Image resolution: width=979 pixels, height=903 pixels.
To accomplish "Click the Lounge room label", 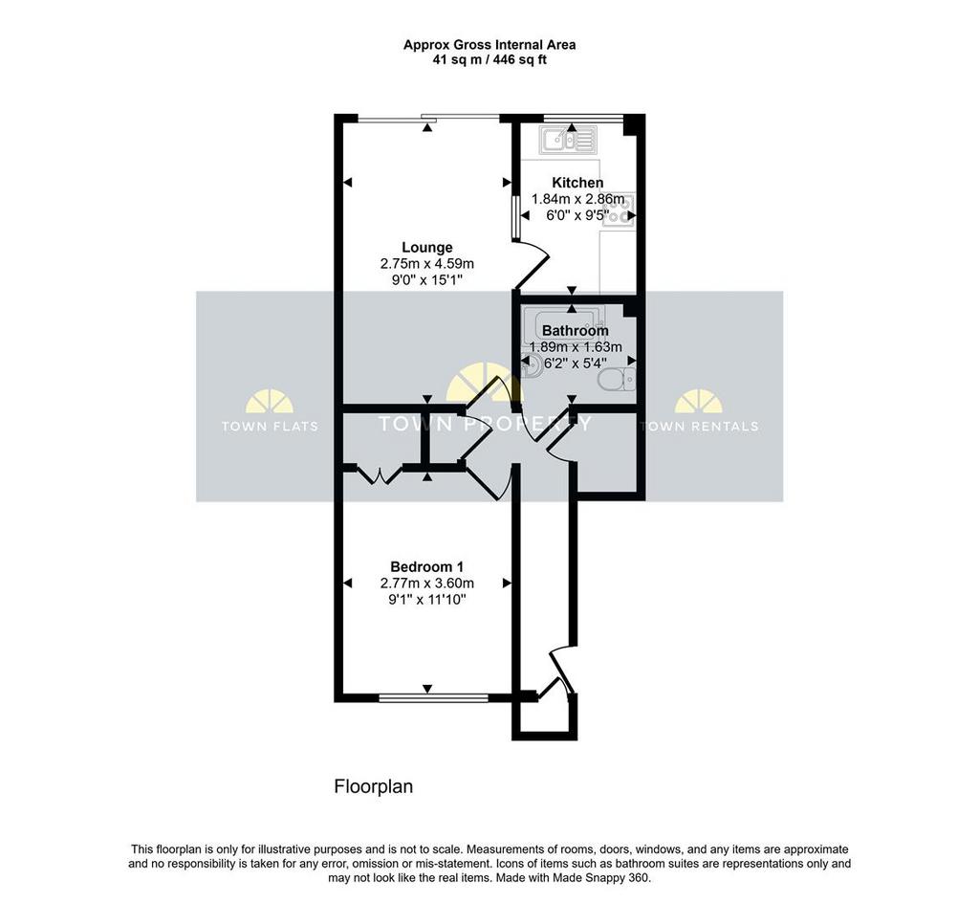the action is [427, 248].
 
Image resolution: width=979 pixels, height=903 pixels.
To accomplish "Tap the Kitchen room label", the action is [577, 183].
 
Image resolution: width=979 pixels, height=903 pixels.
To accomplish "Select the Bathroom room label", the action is [575, 330].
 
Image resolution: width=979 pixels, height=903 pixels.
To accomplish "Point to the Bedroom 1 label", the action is [427, 567].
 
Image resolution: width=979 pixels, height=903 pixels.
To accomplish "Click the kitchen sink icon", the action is [568, 140].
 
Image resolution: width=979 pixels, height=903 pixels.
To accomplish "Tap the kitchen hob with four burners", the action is [619, 209].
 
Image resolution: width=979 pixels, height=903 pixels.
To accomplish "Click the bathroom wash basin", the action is [530, 366].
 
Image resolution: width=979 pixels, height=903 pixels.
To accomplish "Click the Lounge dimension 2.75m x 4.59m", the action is [427, 264].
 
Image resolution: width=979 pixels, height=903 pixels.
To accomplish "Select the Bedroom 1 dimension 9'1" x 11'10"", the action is [427, 600].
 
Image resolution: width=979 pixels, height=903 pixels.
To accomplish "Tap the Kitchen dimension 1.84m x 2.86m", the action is [577, 199].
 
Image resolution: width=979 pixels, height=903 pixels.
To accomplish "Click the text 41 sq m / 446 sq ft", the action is [489, 60].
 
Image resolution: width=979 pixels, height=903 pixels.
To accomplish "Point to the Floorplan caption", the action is [374, 786].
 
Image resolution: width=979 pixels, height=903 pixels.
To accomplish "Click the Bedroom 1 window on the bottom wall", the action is [433, 697].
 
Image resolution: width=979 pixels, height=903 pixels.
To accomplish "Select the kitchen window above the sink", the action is [584, 118].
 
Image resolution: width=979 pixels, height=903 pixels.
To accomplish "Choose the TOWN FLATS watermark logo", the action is [270, 411].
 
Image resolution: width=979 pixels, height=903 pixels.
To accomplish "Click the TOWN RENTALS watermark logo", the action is [699, 411].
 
